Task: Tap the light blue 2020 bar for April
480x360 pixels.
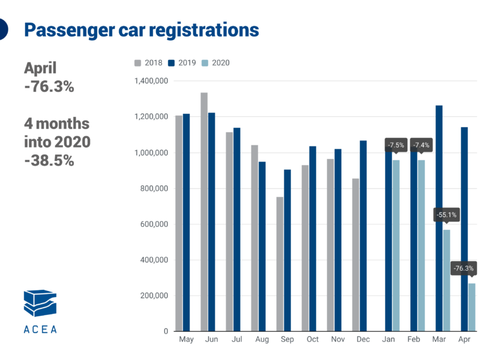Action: click(472, 307)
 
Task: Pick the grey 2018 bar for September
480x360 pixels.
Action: click(280, 264)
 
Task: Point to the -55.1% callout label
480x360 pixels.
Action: click(446, 214)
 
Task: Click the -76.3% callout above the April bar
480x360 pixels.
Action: click(463, 268)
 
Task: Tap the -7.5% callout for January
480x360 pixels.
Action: click(395, 145)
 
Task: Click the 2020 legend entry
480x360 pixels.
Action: click(215, 62)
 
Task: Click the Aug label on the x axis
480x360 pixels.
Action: click(262, 340)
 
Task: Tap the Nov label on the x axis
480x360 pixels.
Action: click(337, 340)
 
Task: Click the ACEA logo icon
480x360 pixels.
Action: click(40, 304)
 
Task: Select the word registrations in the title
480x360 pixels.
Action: click(203, 29)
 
